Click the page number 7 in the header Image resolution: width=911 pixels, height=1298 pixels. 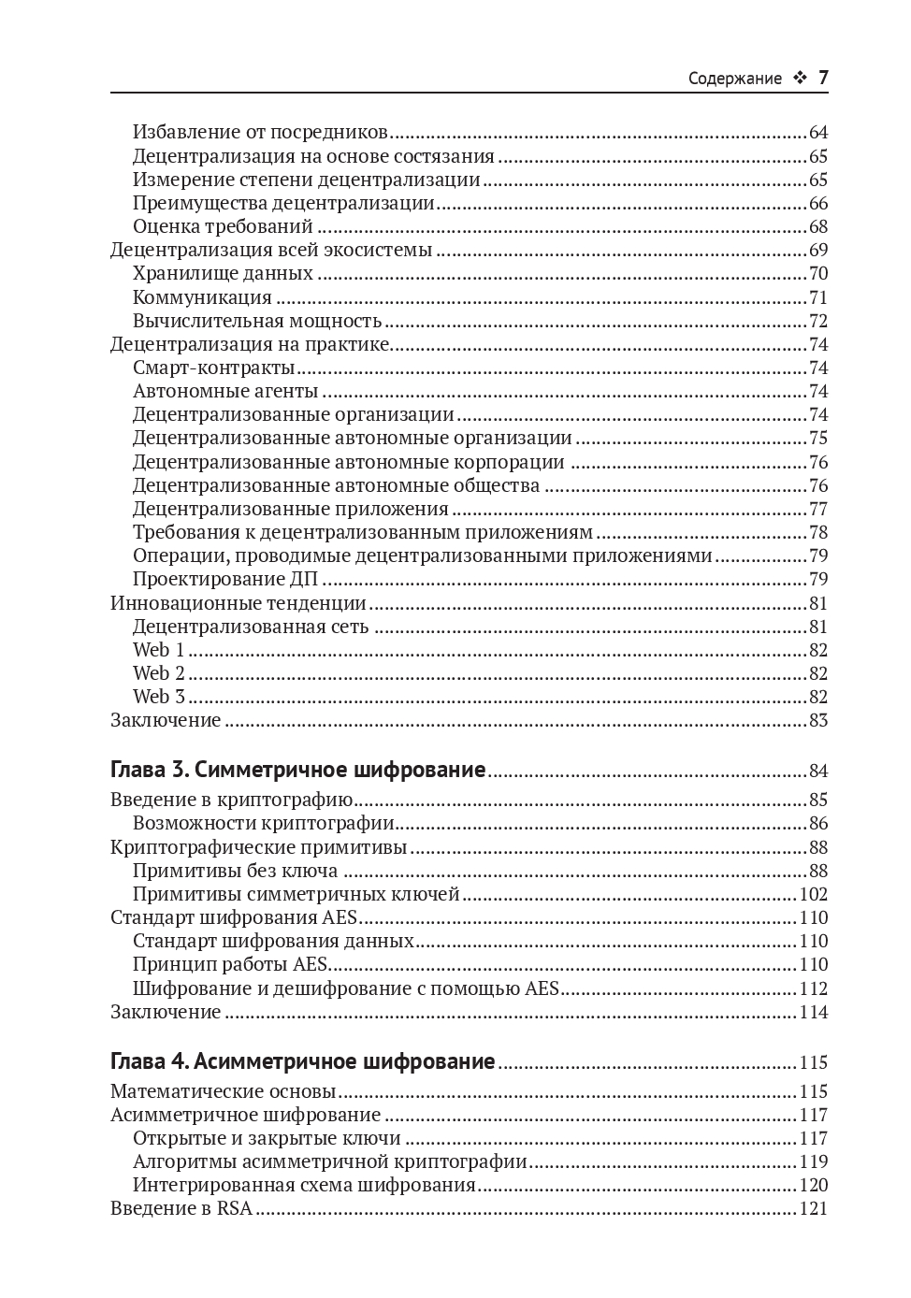[x=823, y=78]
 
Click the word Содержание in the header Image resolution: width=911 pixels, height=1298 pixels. [x=734, y=79]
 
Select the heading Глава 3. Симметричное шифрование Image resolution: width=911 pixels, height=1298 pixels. [x=297, y=770]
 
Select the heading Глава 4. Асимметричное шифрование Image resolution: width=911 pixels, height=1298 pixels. [x=302, y=1061]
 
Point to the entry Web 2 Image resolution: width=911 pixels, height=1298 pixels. [x=159, y=673]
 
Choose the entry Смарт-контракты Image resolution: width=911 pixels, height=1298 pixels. [x=214, y=368]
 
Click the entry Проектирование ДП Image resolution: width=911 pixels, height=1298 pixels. [x=226, y=579]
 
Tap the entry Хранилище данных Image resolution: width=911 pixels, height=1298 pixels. [x=223, y=274]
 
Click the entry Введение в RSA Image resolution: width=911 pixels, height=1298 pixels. [x=181, y=1208]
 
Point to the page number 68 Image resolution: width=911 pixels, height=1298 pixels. [x=818, y=227]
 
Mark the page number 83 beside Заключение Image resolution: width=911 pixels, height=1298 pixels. [x=818, y=720]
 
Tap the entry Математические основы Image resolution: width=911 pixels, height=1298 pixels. [x=224, y=1091]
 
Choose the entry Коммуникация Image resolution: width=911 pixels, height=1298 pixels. [x=202, y=297]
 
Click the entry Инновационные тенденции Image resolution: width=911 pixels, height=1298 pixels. [x=239, y=603]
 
